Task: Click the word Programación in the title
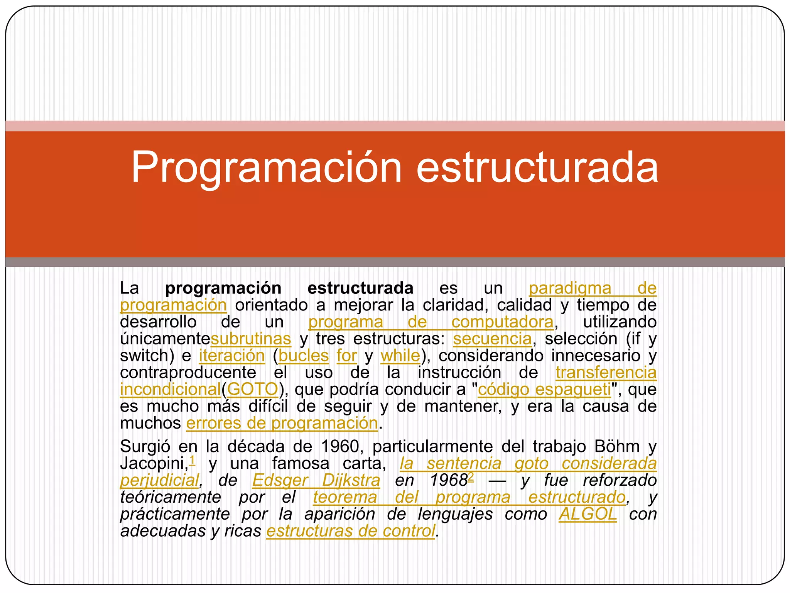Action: [267, 168]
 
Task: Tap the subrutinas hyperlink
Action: [251, 339]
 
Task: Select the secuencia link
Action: [492, 339]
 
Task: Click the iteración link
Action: [232, 356]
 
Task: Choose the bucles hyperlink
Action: [304, 356]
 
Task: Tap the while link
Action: [400, 356]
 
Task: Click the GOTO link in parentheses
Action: [253, 389]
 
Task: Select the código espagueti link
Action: [544, 389]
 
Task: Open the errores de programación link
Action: [282, 423]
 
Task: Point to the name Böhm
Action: [617, 447]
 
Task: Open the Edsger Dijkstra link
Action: [316, 481]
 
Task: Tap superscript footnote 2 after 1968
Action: [471, 477]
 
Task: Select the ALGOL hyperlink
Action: [587, 514]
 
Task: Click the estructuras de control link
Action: [351, 531]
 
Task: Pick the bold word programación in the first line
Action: [223, 288]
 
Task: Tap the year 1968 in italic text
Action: [448, 481]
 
